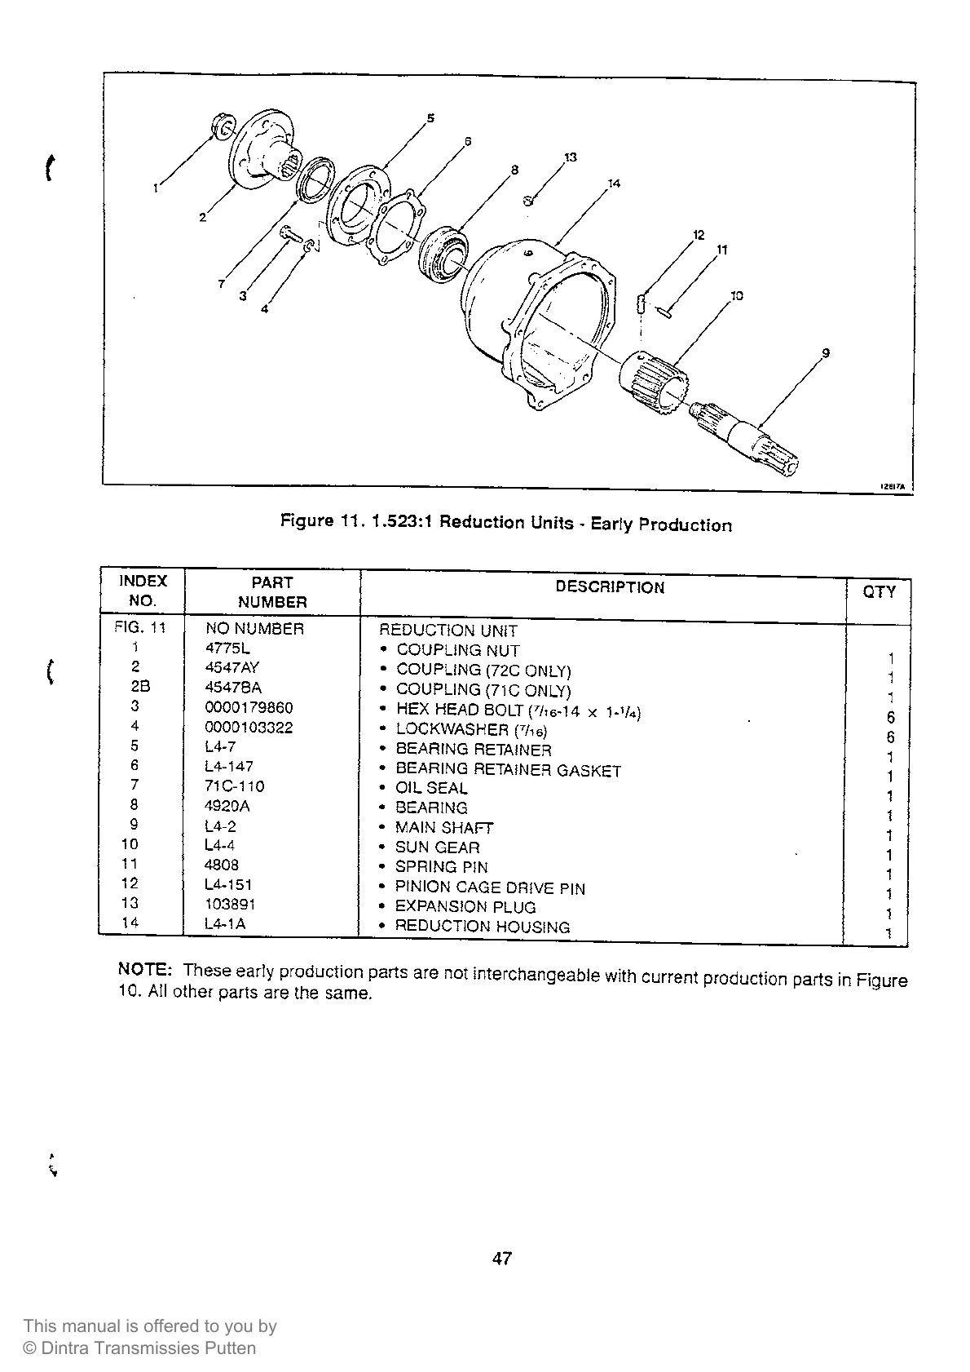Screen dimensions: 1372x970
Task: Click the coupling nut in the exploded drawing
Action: pyautogui.click(x=220, y=127)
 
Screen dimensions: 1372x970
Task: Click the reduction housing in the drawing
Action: pyautogui.click(x=546, y=318)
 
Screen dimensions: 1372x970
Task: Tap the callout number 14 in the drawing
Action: pyautogui.click(x=614, y=184)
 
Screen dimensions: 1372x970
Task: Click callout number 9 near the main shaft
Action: pyautogui.click(x=826, y=353)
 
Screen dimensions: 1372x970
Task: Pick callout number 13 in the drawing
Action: pyautogui.click(x=570, y=157)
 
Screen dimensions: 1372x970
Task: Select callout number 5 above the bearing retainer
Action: pyautogui.click(x=430, y=118)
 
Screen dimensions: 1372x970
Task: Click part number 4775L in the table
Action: pyautogui.click(x=227, y=648)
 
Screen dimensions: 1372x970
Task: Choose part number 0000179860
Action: pyautogui.click(x=249, y=707)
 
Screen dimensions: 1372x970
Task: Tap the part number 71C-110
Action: pyautogui.click(x=235, y=786)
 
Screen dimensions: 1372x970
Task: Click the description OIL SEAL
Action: pyautogui.click(x=431, y=788)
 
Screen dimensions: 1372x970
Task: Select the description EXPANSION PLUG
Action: pyautogui.click(x=465, y=906)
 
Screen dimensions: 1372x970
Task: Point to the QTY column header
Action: pyautogui.click(x=879, y=592)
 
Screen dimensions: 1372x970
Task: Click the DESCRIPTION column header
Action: pyautogui.click(x=610, y=587)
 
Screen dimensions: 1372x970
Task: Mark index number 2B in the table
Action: pyautogui.click(x=140, y=687)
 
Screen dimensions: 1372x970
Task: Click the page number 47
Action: pyautogui.click(x=502, y=1259)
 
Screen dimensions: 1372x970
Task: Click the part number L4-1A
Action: pyautogui.click(x=225, y=923)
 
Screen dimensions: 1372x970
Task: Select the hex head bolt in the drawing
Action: pyautogui.click(x=291, y=234)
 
